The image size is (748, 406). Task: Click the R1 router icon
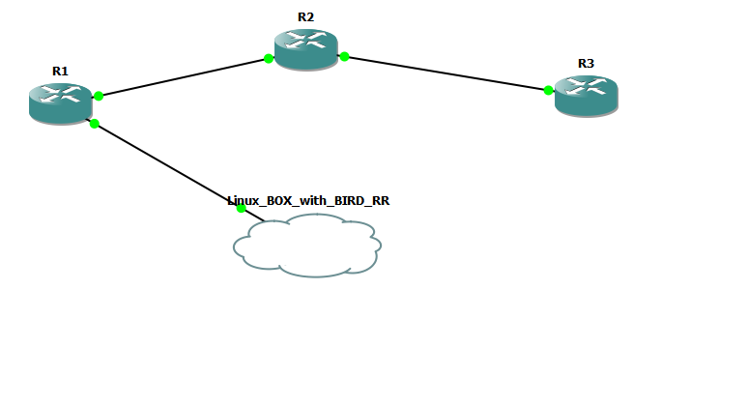60,102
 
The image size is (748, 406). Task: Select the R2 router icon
305,48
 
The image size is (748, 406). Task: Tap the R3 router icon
586,95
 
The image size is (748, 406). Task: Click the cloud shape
307,246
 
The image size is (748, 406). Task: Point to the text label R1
60,71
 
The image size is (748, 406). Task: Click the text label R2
306,17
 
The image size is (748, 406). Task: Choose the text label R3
586,63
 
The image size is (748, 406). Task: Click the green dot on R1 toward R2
99,96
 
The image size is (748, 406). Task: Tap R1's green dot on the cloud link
94,123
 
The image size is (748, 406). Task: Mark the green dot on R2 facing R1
269,59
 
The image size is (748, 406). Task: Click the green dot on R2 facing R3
344,57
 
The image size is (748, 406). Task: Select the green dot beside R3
548,90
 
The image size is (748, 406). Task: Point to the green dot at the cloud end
241,208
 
